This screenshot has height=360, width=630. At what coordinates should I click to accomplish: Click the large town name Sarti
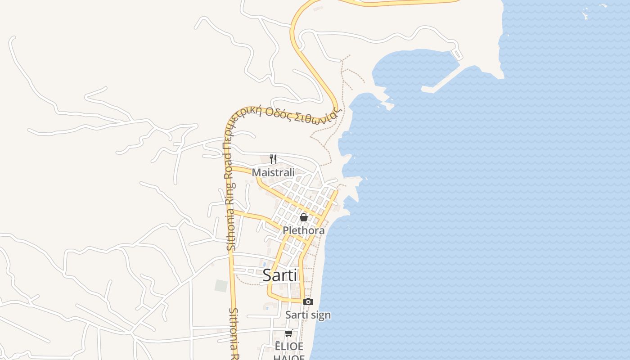(x=279, y=275)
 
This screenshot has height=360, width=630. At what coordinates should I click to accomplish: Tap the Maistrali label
(x=273, y=172)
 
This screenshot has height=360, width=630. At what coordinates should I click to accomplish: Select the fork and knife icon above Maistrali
(x=273, y=159)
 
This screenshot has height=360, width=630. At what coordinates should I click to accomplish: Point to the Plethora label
(x=303, y=230)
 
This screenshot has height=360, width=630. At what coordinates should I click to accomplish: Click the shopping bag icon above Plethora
(x=304, y=217)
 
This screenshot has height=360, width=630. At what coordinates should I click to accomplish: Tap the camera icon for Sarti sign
(x=308, y=301)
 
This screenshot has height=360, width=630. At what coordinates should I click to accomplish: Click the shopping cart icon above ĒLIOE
(x=289, y=333)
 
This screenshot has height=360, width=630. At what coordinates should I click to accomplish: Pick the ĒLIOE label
(x=289, y=346)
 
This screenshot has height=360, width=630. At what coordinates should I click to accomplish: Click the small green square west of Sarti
(x=221, y=285)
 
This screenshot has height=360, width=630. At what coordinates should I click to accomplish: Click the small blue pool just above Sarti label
(x=264, y=263)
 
